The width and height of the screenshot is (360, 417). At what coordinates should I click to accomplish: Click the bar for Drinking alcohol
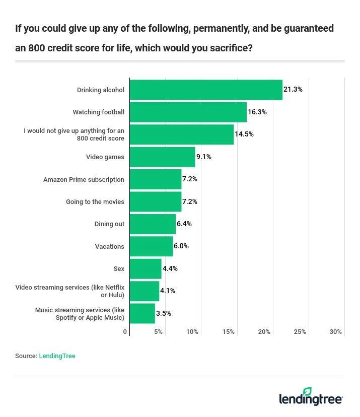tap(206, 90)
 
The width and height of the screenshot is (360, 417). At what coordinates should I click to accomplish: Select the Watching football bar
tap(188, 112)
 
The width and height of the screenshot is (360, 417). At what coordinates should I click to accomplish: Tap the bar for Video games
tap(162, 157)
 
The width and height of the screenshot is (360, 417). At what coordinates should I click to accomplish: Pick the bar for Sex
tap(146, 268)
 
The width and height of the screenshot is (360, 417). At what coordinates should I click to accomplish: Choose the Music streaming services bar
tap(142, 313)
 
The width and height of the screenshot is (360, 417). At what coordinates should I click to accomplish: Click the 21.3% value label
tap(293, 90)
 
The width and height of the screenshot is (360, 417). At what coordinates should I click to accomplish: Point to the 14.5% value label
tap(244, 134)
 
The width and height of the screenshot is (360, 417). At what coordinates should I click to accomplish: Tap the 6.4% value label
tap(184, 224)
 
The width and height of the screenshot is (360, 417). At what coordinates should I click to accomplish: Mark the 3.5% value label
tap(164, 313)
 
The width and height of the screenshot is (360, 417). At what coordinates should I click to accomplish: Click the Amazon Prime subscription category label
tap(84, 179)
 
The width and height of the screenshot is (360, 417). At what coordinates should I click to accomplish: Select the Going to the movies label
tap(95, 201)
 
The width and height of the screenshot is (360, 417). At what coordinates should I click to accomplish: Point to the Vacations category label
tap(109, 246)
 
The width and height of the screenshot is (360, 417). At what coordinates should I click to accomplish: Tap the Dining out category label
tap(109, 224)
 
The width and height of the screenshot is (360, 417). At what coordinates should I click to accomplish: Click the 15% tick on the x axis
tap(229, 332)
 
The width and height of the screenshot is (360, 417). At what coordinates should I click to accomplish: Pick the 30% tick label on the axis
tap(336, 332)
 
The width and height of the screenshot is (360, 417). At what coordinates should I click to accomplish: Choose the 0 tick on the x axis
tap(125, 332)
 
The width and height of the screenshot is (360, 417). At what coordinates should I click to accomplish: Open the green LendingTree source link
tap(57, 356)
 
